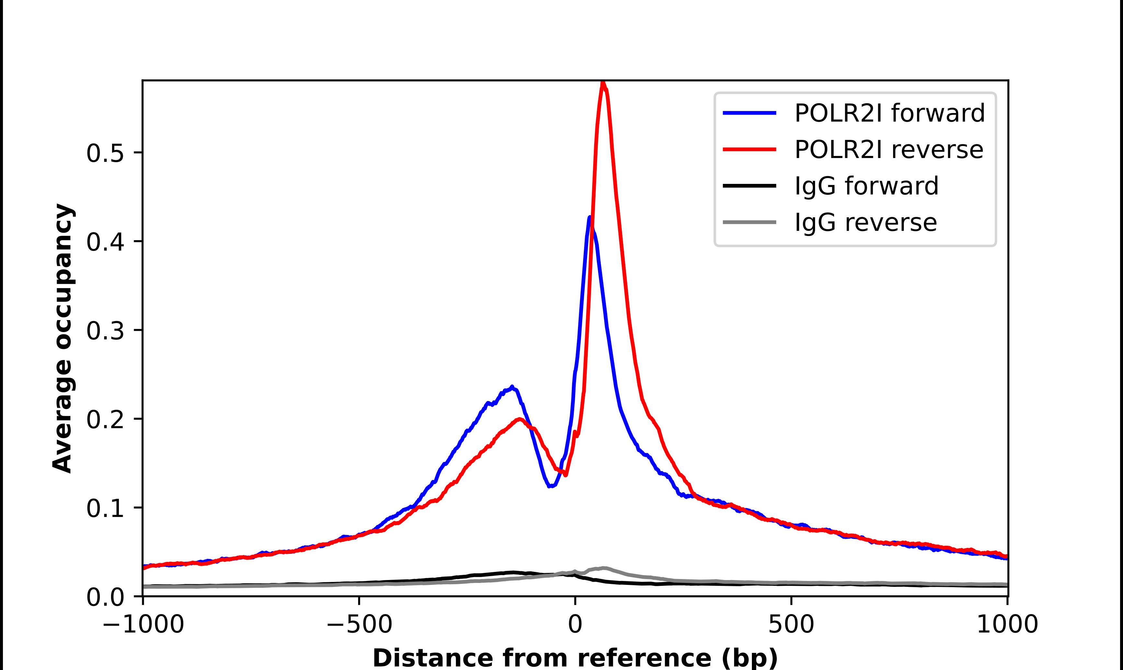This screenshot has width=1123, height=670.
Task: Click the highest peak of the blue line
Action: pyautogui.click(x=590, y=218)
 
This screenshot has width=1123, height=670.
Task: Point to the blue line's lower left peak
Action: pyautogui.click(x=512, y=387)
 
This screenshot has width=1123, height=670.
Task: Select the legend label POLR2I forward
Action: pyautogui.click(x=889, y=113)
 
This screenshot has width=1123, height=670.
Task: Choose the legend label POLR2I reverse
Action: pyautogui.click(x=888, y=150)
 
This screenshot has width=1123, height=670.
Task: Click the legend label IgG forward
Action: pyautogui.click(x=866, y=186)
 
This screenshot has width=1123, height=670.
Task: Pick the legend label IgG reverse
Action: pyautogui.click(x=865, y=223)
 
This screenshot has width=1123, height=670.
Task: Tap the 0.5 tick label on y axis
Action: pyautogui.click(x=105, y=153)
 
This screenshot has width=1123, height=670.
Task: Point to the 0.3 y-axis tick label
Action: pyautogui.click(x=105, y=331)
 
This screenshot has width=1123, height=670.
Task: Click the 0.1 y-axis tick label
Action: pyautogui.click(x=105, y=509)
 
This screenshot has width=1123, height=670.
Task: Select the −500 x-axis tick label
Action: pyautogui.click(x=359, y=624)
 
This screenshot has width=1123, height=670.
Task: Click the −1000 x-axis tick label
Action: pyautogui.click(x=143, y=624)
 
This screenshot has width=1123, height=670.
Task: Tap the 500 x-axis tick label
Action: pyautogui.click(x=791, y=624)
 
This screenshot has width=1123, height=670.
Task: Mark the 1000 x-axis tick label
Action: pyautogui.click(x=1007, y=624)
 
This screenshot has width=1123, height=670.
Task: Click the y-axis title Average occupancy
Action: pyautogui.click(x=62, y=338)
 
